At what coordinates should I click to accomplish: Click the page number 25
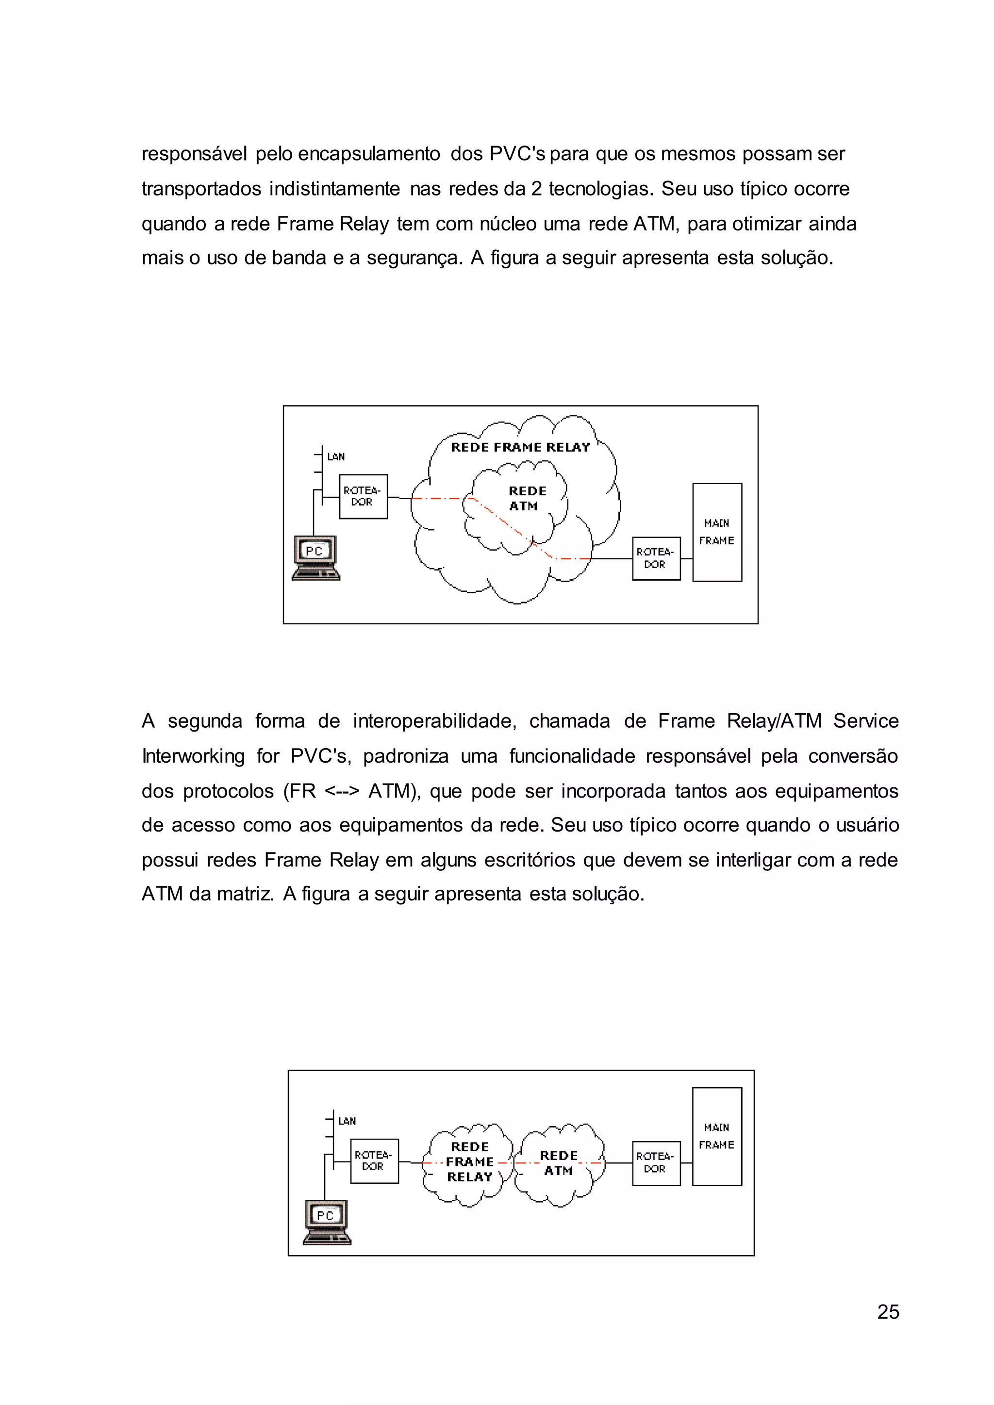[x=888, y=1311]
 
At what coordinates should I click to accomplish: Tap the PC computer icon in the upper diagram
[x=315, y=557]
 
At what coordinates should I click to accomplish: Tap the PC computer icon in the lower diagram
[x=327, y=1222]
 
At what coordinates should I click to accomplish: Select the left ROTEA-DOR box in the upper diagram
[x=363, y=496]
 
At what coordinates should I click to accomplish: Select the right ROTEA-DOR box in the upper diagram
[x=656, y=558]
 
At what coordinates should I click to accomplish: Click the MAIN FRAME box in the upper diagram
[x=717, y=532]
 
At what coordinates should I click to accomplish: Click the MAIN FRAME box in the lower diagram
[x=717, y=1136]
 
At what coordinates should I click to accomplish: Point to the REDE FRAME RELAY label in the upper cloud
[x=520, y=447]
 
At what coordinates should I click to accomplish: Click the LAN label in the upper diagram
[x=336, y=457]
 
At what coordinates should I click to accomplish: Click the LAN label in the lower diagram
[x=347, y=1121]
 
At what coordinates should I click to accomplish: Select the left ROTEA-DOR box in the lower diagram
[x=374, y=1161]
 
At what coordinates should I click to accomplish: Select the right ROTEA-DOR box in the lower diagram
[x=656, y=1163]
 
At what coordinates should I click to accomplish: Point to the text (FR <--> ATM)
[x=351, y=791]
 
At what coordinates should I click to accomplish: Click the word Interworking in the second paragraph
[x=194, y=756]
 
